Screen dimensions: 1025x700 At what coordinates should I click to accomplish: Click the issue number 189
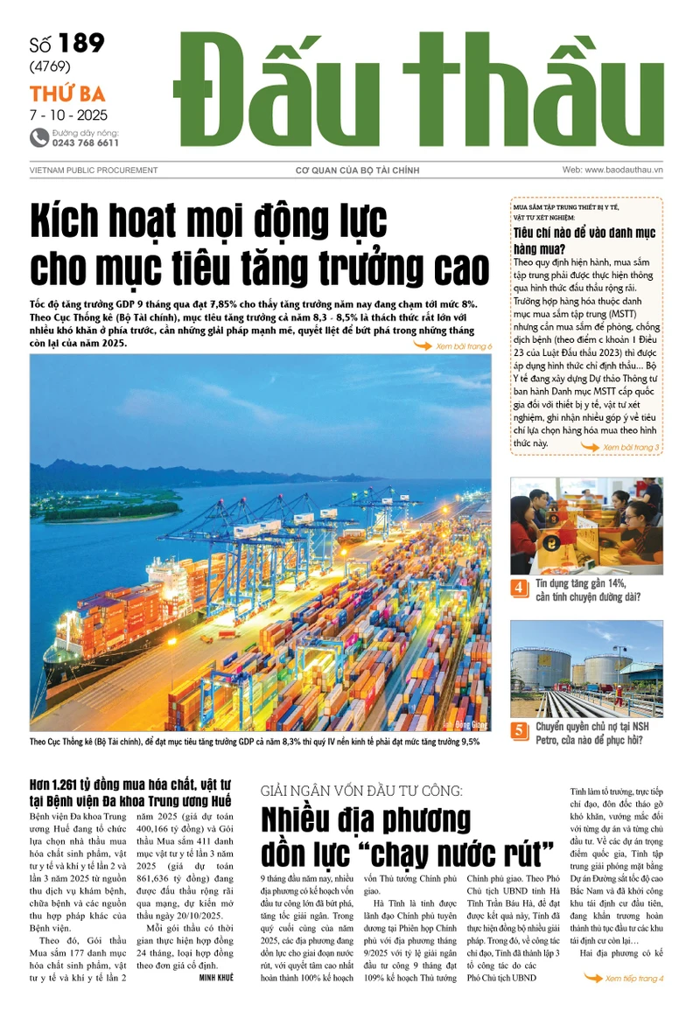[x=83, y=44]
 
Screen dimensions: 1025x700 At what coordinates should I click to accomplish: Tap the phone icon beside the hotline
[x=39, y=137]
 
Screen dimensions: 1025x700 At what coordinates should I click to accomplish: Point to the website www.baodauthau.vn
[x=612, y=170]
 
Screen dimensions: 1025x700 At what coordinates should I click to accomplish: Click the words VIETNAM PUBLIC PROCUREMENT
[x=94, y=171]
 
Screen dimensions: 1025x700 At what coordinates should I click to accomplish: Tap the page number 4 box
[x=520, y=588]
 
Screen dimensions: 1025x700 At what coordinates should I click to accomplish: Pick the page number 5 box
[x=520, y=730]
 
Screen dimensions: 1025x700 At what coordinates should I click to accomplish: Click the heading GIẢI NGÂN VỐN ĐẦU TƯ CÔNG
[x=363, y=791]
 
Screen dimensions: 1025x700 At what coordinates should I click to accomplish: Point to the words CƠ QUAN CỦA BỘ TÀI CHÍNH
[x=357, y=171]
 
